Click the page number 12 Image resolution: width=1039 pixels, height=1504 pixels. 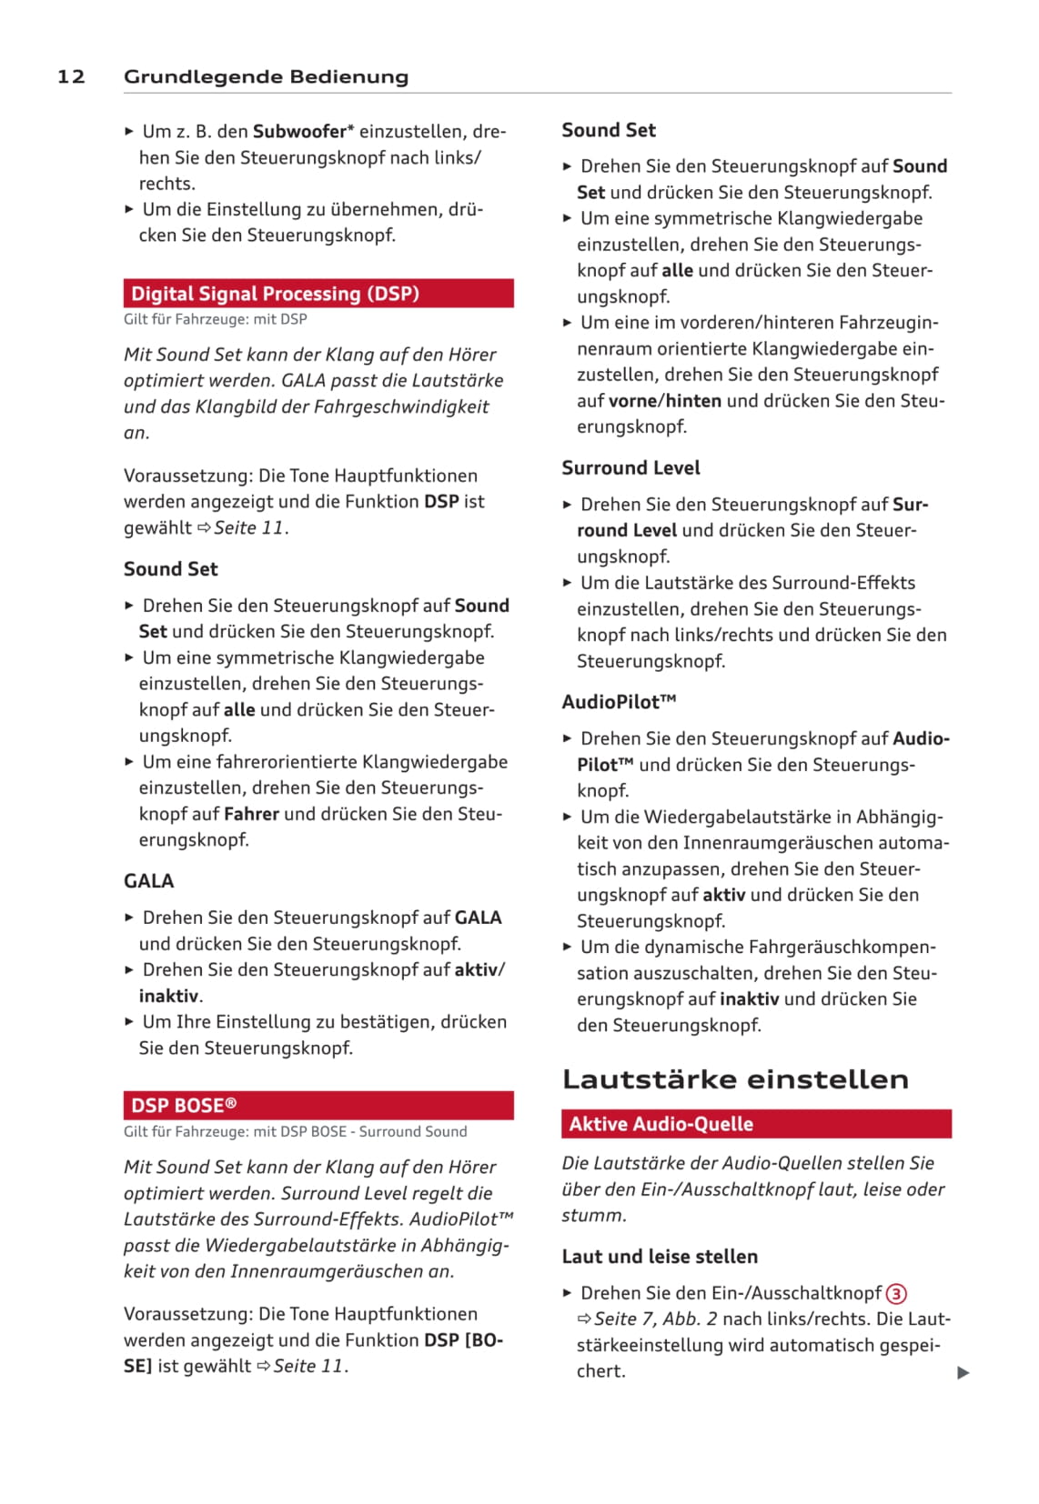(x=71, y=76)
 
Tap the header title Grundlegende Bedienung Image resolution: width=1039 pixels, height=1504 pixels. (x=266, y=76)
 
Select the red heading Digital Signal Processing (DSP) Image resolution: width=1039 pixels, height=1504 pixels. (x=275, y=294)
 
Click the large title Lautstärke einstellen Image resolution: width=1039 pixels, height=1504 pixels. (x=735, y=1079)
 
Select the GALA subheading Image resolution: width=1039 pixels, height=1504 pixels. (x=149, y=881)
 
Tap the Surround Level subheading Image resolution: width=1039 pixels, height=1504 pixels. (x=630, y=468)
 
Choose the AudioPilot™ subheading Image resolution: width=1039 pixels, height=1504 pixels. (x=619, y=702)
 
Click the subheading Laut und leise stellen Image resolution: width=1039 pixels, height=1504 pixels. (x=660, y=1257)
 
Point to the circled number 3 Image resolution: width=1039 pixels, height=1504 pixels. (x=896, y=1294)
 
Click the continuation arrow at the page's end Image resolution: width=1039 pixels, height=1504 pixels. (x=963, y=1373)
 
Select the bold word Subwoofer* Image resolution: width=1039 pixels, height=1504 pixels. (x=303, y=131)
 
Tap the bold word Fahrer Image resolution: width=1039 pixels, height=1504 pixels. (x=251, y=814)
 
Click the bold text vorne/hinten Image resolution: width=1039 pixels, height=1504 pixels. (x=665, y=401)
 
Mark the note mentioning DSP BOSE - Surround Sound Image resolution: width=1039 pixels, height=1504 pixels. (x=295, y=1132)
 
